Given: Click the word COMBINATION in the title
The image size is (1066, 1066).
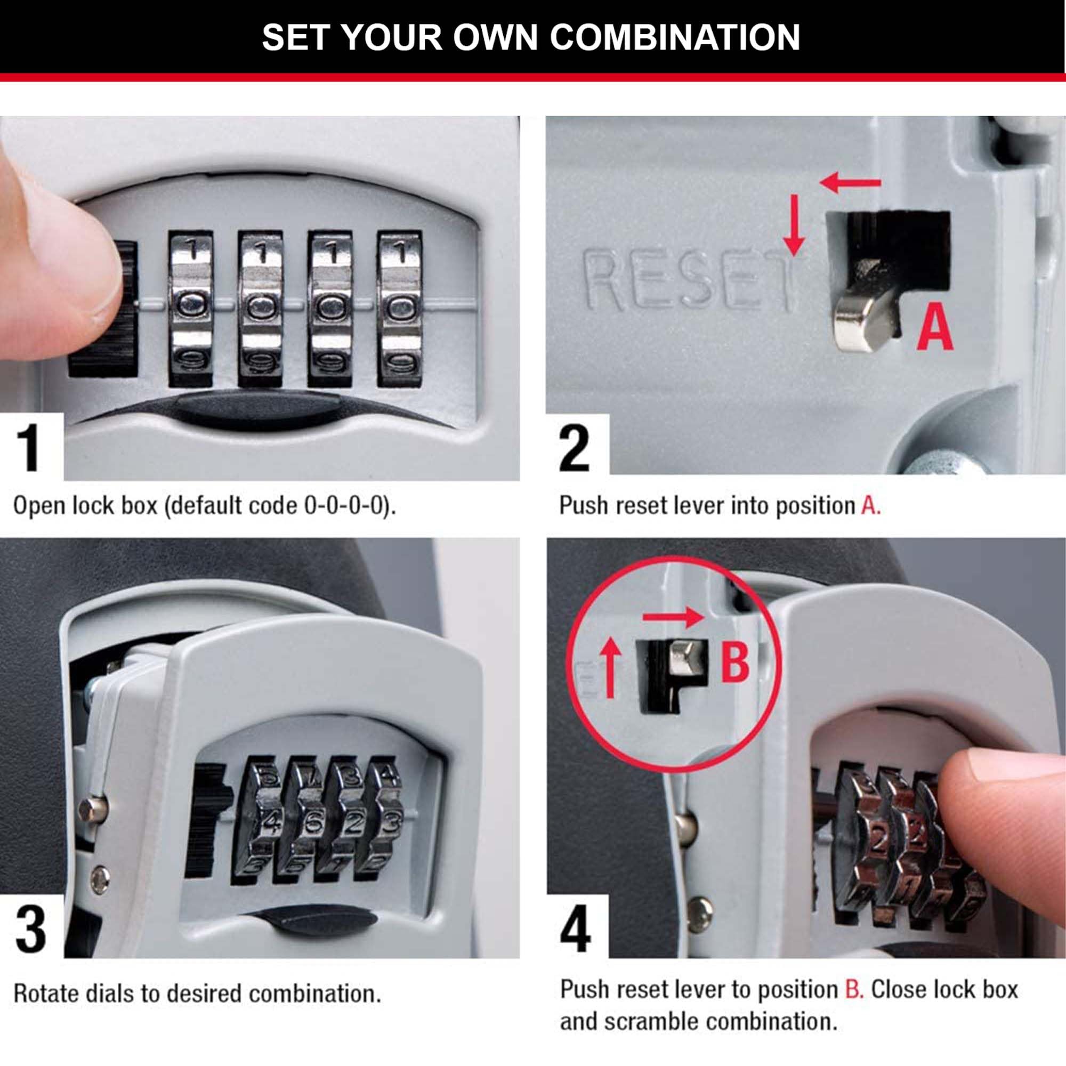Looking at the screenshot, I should click(674, 37).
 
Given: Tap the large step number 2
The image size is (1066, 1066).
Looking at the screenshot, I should click(574, 448).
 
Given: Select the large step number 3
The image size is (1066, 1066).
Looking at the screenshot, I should click(30, 930).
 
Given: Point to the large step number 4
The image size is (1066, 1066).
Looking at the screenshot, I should click(575, 930).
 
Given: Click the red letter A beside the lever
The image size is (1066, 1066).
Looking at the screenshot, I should click(935, 329).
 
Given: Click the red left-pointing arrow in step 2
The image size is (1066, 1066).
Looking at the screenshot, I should click(850, 182).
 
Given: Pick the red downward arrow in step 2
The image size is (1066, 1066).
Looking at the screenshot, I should click(794, 232).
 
